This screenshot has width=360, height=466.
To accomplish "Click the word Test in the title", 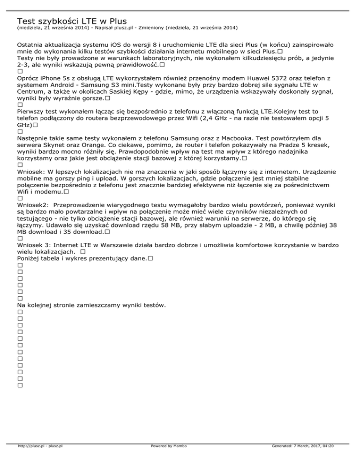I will (26, 21).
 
